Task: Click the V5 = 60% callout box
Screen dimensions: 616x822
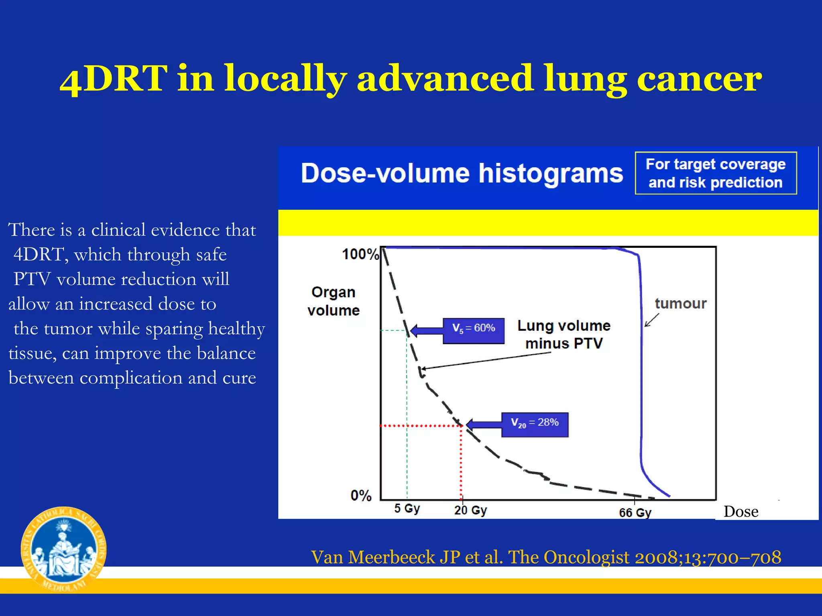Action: point(473,330)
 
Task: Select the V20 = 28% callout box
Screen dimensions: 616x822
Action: point(535,424)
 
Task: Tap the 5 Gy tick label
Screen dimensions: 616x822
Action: point(407,508)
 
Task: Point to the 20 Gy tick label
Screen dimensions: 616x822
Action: point(470,510)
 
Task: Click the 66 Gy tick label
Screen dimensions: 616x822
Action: point(635,513)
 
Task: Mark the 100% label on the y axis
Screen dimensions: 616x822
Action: point(360,254)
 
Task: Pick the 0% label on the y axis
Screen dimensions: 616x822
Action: point(361,495)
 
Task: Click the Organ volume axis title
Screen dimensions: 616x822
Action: point(333,301)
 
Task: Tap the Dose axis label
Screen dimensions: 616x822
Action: point(741,512)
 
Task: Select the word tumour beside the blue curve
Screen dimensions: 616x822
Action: point(680,304)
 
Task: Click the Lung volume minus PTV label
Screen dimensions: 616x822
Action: point(564,334)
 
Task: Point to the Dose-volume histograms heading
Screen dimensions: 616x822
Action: point(462,173)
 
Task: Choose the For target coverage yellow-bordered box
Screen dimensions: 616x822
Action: point(716,173)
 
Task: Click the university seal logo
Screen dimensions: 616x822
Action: point(63,549)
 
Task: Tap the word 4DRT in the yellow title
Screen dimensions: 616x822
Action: point(114,78)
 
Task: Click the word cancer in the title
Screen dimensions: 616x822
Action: point(699,78)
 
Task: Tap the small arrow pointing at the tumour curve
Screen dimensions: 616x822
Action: point(651,320)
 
